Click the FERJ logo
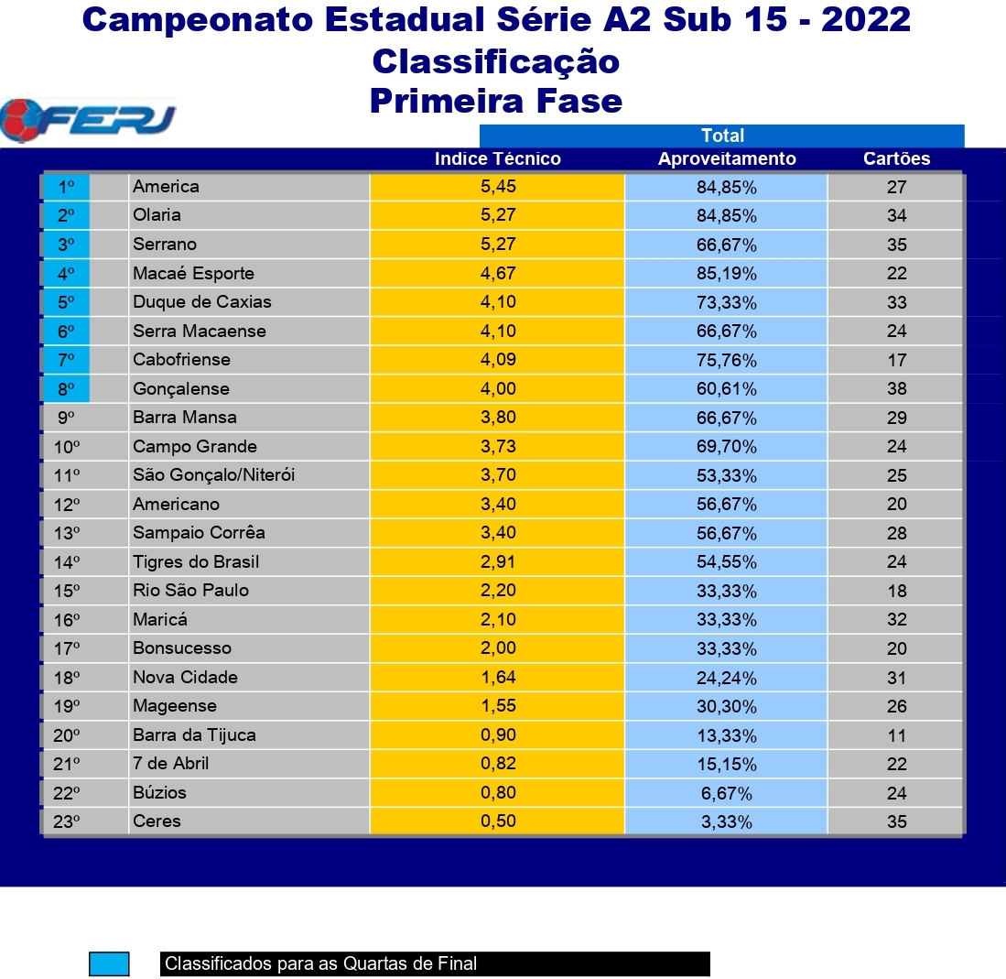pos(88,120)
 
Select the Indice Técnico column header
pos(498,158)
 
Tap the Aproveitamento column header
pos(727,158)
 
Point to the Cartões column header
pos(896,158)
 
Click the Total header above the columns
pos(722,136)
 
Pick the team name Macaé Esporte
pos(193,274)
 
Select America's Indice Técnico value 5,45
pos(498,187)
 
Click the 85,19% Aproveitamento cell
pos(727,274)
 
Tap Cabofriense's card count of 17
pos(897,360)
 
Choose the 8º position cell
pos(66,389)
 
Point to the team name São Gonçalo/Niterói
pos(213,475)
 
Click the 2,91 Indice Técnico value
pos(498,561)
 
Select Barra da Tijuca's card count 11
pos(897,735)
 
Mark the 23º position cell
pos(66,821)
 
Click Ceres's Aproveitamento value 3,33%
pos(727,821)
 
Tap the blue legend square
pos(109,963)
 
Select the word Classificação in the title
pos(496,61)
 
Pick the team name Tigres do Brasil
pos(196,561)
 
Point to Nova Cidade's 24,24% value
pos(727,678)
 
